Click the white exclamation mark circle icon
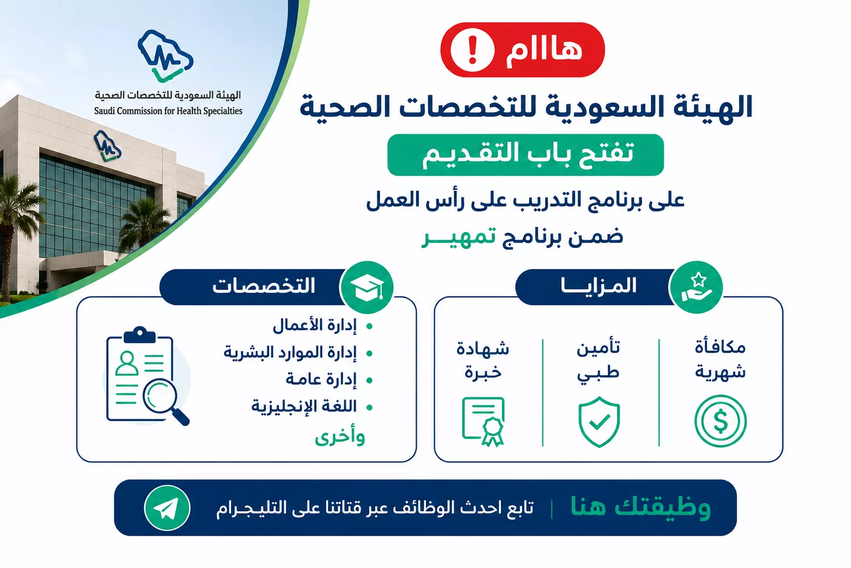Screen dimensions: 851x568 tap(472, 50)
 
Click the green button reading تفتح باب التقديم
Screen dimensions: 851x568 tap(525, 155)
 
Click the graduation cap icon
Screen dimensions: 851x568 tap(367, 287)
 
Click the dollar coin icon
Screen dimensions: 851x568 tap(720, 421)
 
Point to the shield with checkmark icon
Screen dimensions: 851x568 tap(599, 422)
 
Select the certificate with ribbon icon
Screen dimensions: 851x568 tap(483, 422)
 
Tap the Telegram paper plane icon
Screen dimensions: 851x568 tap(167, 508)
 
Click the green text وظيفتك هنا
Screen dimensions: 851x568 tap(640, 507)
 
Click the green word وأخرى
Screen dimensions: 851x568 tap(340, 437)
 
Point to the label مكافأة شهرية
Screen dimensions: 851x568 tap(720, 359)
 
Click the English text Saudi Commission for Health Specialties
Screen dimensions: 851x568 tap(168, 111)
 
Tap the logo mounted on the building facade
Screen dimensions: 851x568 tap(107, 146)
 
